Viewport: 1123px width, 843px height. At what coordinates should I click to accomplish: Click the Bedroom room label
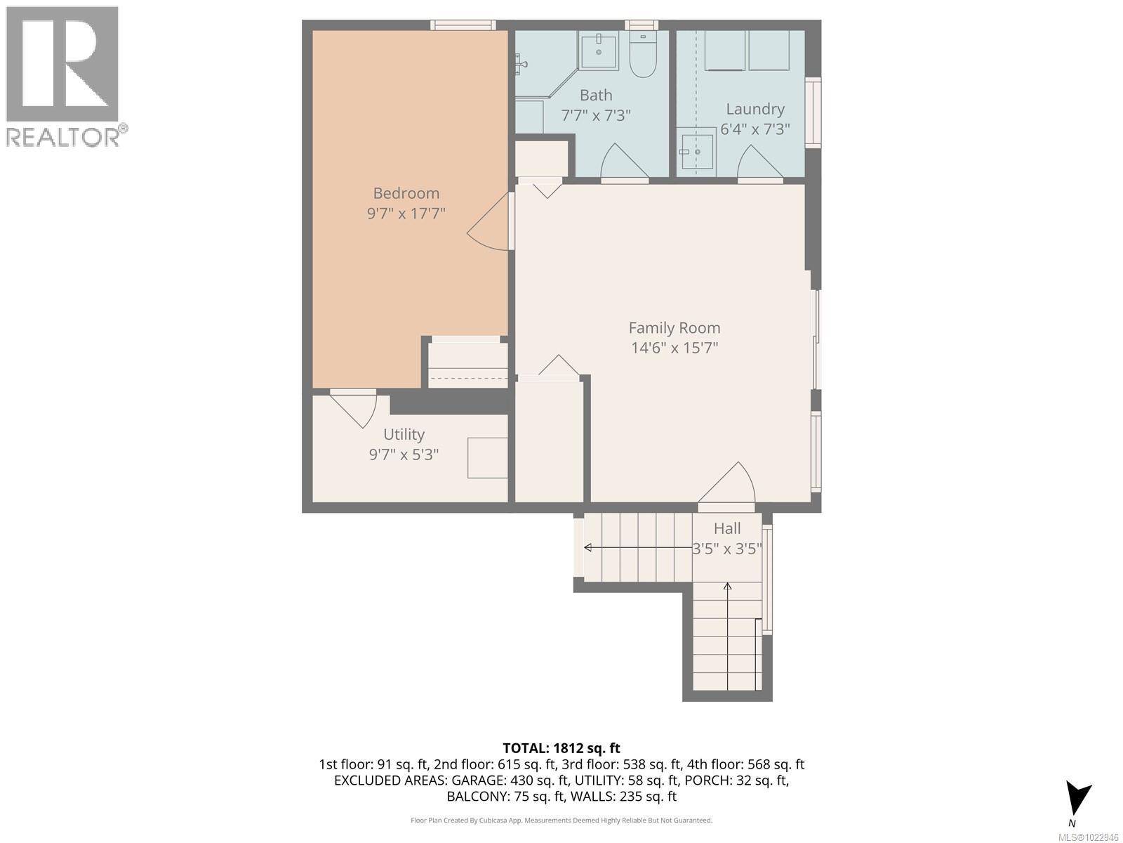[x=406, y=193]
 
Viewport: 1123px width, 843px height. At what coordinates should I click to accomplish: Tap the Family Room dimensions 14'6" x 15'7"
[x=674, y=348]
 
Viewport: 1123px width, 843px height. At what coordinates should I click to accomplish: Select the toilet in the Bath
[x=642, y=56]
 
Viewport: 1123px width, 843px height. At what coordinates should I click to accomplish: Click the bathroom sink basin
[x=599, y=51]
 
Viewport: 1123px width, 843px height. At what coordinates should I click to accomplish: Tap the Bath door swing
[x=624, y=162]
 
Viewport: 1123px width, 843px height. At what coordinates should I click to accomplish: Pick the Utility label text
[x=404, y=434]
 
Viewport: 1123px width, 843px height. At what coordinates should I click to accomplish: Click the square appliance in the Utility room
[x=488, y=458]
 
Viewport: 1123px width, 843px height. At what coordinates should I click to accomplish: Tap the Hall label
[x=727, y=528]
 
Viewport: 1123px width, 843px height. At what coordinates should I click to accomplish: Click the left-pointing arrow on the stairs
[x=588, y=547]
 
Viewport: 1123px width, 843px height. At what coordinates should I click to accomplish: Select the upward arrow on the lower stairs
[x=728, y=587]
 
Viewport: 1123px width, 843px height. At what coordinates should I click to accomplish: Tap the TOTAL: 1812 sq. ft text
[x=561, y=748]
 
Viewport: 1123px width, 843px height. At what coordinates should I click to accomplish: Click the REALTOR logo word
[x=63, y=136]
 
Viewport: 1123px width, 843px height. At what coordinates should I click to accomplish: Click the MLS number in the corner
[x=1088, y=837]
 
